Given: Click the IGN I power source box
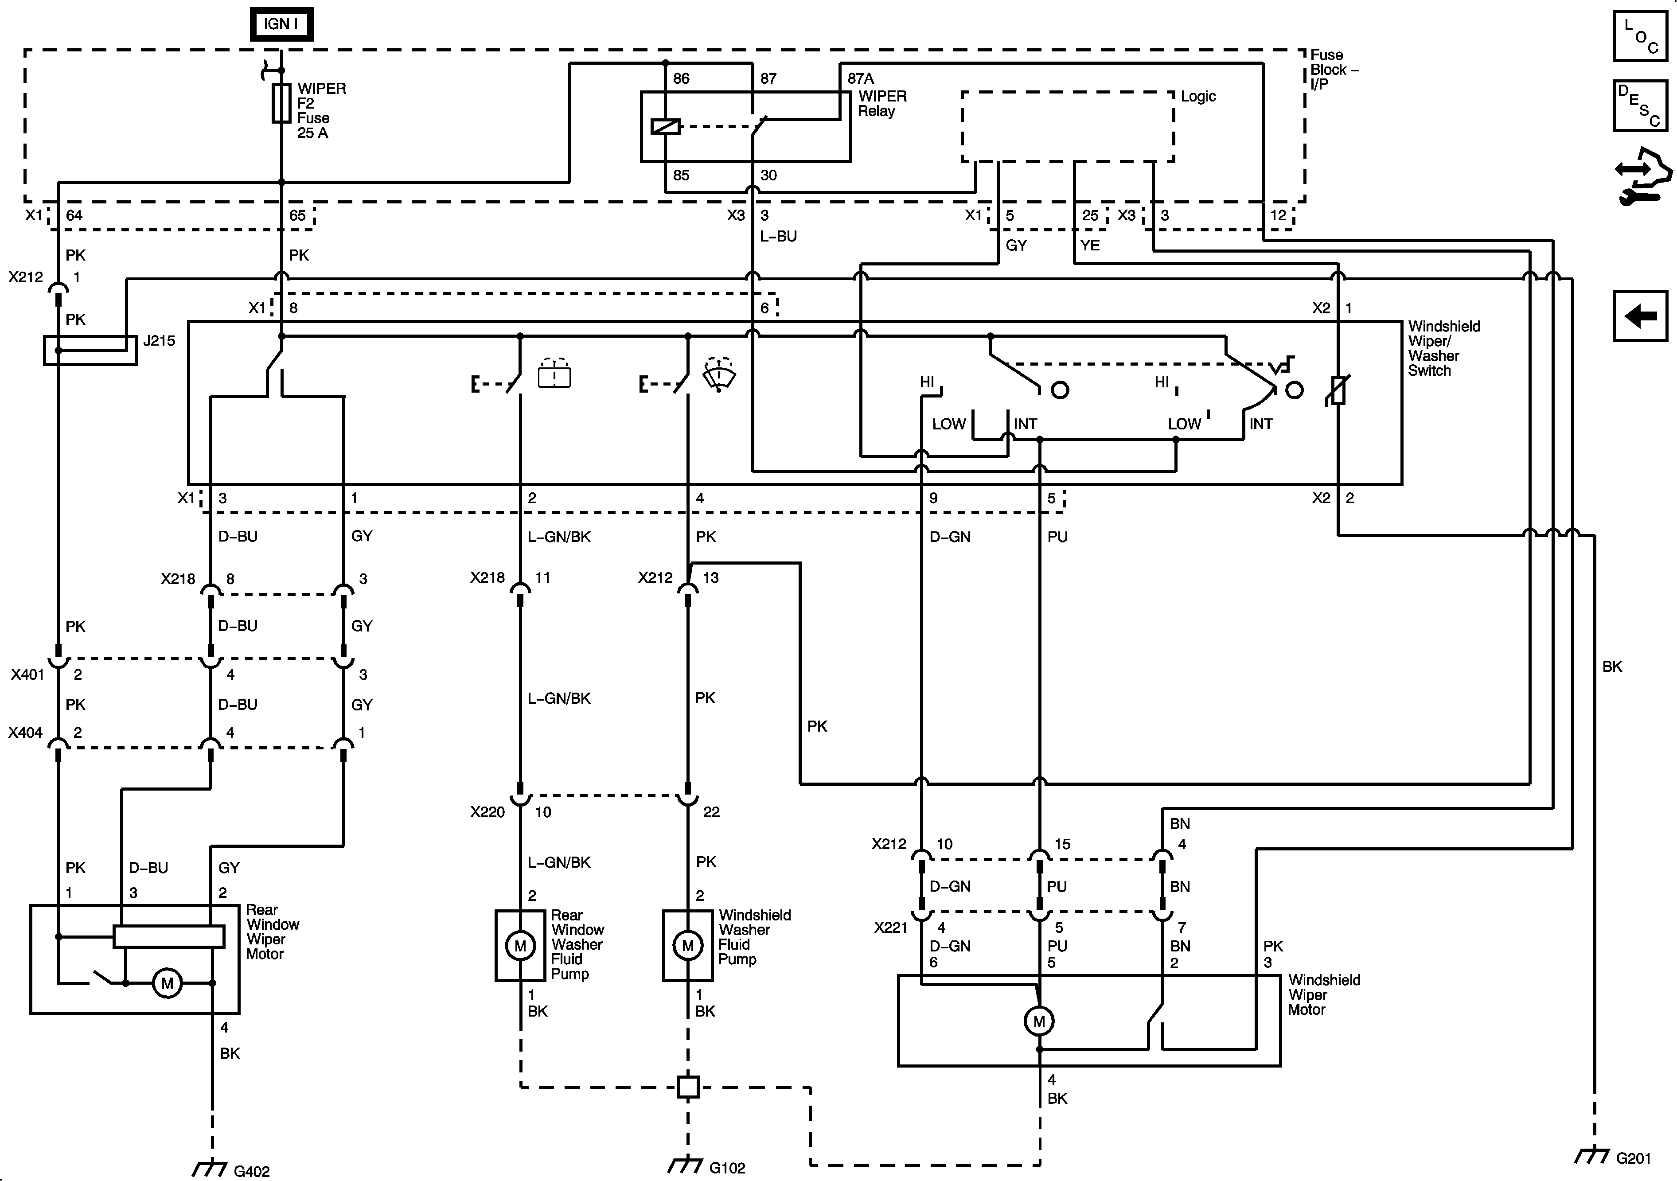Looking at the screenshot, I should pyautogui.click(x=281, y=24).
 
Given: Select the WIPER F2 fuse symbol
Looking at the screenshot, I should pyautogui.click(x=281, y=103).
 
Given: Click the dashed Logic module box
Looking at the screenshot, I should pyautogui.click(x=1067, y=126).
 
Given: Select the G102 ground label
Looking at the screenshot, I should pyautogui.click(x=727, y=1168).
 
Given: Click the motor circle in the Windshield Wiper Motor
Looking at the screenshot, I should pyautogui.click(x=1039, y=1021).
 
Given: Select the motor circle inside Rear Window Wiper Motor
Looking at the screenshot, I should pyautogui.click(x=167, y=983).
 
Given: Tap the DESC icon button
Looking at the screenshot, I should pyautogui.click(x=1640, y=106).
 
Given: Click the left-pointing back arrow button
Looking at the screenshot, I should pyautogui.click(x=1640, y=316).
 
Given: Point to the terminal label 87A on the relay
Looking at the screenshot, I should pyautogui.click(x=860, y=78).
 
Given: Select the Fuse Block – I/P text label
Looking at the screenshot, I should pyautogui.click(x=1333, y=70).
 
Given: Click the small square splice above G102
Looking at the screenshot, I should pyautogui.click(x=687, y=1087).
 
